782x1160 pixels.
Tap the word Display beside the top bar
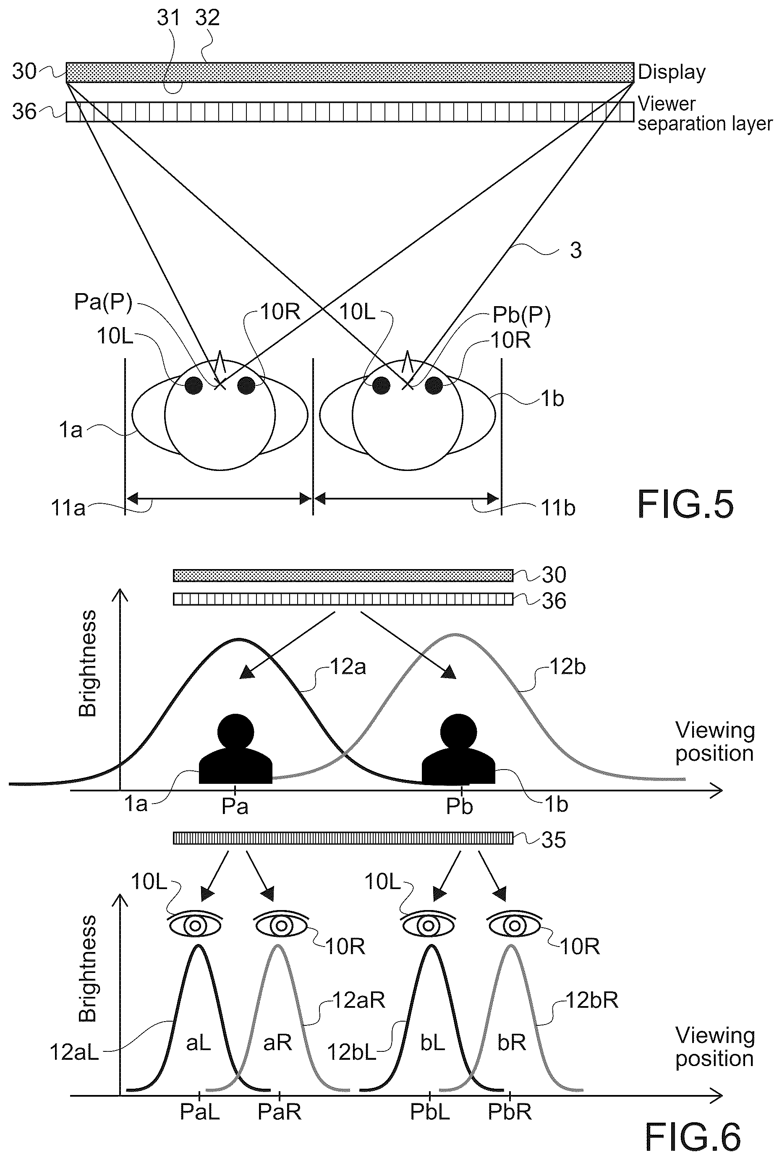(x=671, y=73)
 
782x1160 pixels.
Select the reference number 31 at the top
(x=168, y=18)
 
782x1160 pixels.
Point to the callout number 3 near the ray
(x=576, y=250)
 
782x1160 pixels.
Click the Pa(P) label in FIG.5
(x=103, y=302)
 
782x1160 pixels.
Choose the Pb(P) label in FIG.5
(x=521, y=315)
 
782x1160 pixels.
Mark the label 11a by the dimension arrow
(x=68, y=508)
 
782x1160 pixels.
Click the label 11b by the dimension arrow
(x=558, y=508)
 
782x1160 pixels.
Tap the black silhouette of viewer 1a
(x=235, y=749)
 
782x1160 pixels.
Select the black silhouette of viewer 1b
(x=458, y=749)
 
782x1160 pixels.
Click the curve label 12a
(x=348, y=667)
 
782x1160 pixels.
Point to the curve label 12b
(x=568, y=667)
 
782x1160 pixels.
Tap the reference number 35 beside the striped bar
(x=554, y=840)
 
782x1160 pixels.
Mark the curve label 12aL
(x=74, y=1053)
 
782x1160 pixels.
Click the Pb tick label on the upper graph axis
(x=459, y=807)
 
